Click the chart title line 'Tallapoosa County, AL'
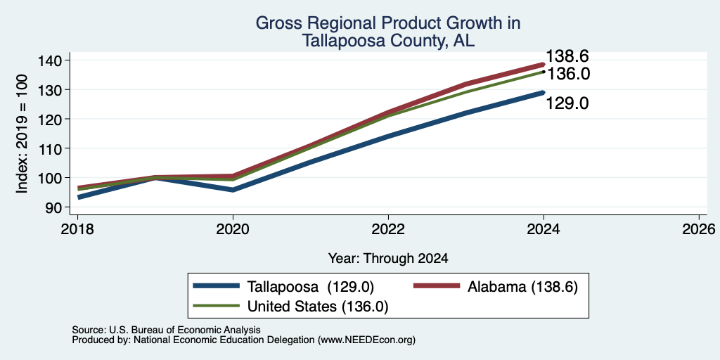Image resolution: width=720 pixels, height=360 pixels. tap(388, 41)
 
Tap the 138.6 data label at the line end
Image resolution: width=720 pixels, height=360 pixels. tap(567, 56)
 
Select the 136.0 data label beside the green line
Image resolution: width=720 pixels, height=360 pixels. tap(568, 73)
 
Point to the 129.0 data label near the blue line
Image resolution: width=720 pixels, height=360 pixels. tap(567, 103)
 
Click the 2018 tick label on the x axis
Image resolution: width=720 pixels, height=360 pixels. tap(77, 229)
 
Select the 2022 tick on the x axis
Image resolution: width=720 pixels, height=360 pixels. tap(388, 229)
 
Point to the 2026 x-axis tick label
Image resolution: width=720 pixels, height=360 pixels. tap(699, 229)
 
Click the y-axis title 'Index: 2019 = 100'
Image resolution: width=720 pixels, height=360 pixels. tap(22, 134)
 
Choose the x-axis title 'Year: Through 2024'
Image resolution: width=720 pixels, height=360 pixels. tap(388, 259)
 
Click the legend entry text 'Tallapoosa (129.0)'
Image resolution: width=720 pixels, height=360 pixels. tap(311, 287)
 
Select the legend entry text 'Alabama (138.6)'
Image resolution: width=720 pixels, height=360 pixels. tap(522, 287)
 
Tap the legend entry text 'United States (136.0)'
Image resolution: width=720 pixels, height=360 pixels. tap(319, 306)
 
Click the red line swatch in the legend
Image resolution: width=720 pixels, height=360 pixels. tap(437, 286)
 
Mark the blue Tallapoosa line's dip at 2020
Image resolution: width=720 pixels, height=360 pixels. tap(233, 190)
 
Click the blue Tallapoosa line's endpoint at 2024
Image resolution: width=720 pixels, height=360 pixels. tap(544, 92)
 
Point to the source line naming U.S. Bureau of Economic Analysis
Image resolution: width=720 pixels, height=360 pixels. tap(166, 330)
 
